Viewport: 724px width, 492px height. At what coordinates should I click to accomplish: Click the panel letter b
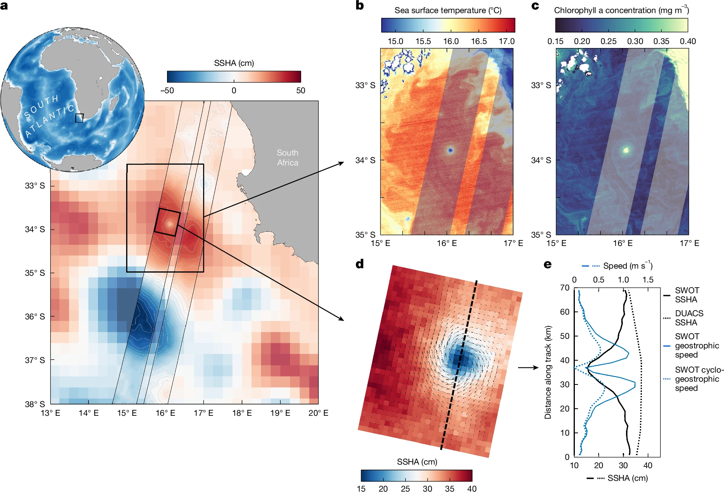point(360,6)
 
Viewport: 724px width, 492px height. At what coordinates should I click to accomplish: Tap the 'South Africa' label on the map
point(288,158)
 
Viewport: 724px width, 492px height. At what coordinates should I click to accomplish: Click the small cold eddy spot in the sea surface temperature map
point(450,150)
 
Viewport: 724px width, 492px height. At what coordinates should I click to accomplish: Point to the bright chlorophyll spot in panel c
point(626,150)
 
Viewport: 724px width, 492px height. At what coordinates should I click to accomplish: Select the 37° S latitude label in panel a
point(35,360)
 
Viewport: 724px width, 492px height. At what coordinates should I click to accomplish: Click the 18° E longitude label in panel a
point(242,413)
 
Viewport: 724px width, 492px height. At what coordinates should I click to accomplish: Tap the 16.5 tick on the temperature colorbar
point(479,41)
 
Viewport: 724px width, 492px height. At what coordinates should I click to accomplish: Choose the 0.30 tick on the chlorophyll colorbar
point(635,41)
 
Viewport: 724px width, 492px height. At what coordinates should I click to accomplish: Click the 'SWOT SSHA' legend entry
point(687,295)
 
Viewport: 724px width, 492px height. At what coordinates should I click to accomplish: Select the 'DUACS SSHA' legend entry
point(689,318)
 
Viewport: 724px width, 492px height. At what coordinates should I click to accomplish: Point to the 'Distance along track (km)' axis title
point(548,372)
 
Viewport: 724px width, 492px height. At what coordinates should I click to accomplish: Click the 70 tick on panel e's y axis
point(565,288)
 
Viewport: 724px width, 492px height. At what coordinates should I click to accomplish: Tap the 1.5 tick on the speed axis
point(648,280)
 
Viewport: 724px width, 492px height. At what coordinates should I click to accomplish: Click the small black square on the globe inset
point(79,118)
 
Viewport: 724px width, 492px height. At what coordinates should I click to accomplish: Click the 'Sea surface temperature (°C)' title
point(448,10)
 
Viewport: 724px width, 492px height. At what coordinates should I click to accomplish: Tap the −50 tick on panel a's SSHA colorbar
point(167,90)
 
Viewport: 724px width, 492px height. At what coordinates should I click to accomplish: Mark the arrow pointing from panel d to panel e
point(528,367)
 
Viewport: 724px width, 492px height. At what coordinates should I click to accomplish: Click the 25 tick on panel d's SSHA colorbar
point(405,488)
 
